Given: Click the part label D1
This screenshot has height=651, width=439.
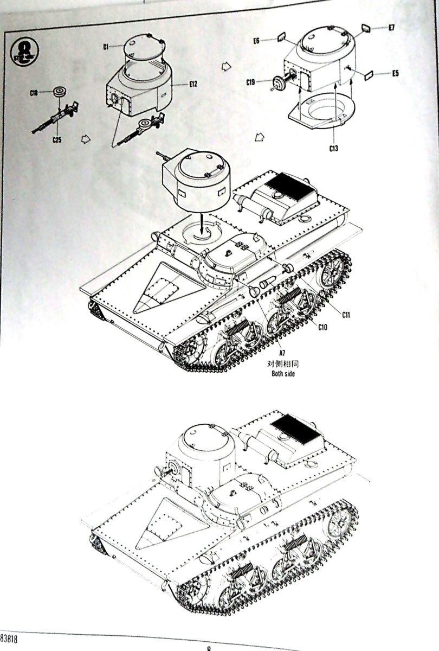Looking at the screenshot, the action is [x=107, y=47].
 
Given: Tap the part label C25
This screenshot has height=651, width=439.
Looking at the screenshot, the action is [x=57, y=140].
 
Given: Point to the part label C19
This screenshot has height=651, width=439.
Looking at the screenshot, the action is [x=250, y=82].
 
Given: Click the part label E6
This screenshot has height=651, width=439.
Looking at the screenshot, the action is [x=257, y=40].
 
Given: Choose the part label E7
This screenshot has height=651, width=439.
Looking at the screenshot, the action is [x=391, y=28].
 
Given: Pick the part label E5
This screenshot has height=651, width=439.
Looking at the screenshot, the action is [x=395, y=73].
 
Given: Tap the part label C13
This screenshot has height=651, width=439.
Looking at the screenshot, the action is [x=332, y=148].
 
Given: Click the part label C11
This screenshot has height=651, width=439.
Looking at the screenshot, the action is [x=346, y=314].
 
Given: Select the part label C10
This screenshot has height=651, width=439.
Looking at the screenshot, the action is [x=322, y=327].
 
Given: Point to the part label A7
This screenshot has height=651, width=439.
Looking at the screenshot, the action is [x=282, y=353].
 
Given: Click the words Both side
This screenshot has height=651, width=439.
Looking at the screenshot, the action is [x=283, y=374].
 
